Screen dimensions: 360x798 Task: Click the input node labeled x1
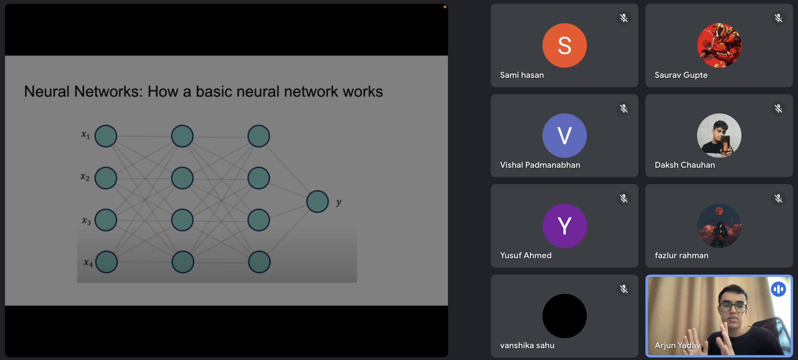tap(106, 136)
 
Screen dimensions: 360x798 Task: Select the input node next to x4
tap(107, 262)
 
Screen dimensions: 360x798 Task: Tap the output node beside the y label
tap(317, 202)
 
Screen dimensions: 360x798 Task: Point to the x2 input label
tap(85, 177)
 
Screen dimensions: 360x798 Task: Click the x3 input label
tap(86, 220)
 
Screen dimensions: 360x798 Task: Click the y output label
tap(339, 202)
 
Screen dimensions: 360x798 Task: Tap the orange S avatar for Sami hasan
tap(564, 45)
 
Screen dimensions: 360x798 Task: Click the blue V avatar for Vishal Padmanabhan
tap(564, 135)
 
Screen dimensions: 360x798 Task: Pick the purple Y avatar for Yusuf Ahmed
tap(564, 226)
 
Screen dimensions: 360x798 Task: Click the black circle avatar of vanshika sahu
tap(564, 316)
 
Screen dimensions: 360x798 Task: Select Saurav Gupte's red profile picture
tap(719, 45)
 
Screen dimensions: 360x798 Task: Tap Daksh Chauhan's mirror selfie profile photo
tap(719, 135)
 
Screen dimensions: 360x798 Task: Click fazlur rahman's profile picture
tap(719, 226)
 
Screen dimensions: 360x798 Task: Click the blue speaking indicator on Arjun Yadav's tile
tap(778, 289)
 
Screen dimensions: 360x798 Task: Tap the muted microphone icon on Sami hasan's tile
tap(623, 18)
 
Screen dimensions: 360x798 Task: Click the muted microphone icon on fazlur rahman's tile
tap(778, 199)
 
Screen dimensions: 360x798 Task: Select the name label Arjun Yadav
tap(677, 345)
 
